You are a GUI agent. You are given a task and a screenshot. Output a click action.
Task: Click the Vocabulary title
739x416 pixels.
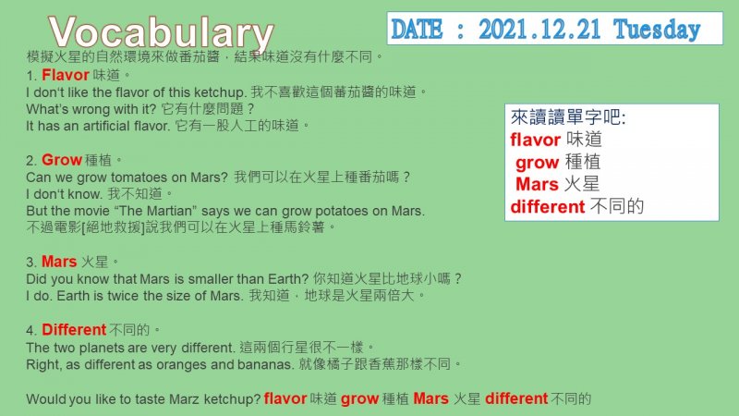tap(161, 32)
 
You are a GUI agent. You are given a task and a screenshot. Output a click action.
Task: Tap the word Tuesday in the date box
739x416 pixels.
tap(657, 30)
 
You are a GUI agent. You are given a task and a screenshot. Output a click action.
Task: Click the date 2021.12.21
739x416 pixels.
tap(539, 30)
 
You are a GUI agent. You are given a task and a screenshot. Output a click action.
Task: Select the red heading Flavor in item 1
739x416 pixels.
tap(65, 75)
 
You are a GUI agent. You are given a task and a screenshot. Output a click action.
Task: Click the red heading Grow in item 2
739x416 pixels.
tap(62, 160)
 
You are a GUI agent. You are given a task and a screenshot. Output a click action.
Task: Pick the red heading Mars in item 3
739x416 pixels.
tap(59, 262)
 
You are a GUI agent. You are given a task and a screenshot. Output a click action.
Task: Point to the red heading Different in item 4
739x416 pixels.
tap(74, 329)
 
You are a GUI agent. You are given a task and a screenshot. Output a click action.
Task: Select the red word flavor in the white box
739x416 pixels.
tap(535, 140)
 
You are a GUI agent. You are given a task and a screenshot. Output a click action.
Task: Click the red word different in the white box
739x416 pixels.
tap(548, 206)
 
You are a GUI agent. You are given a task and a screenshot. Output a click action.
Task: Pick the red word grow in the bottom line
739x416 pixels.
tap(359, 399)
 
